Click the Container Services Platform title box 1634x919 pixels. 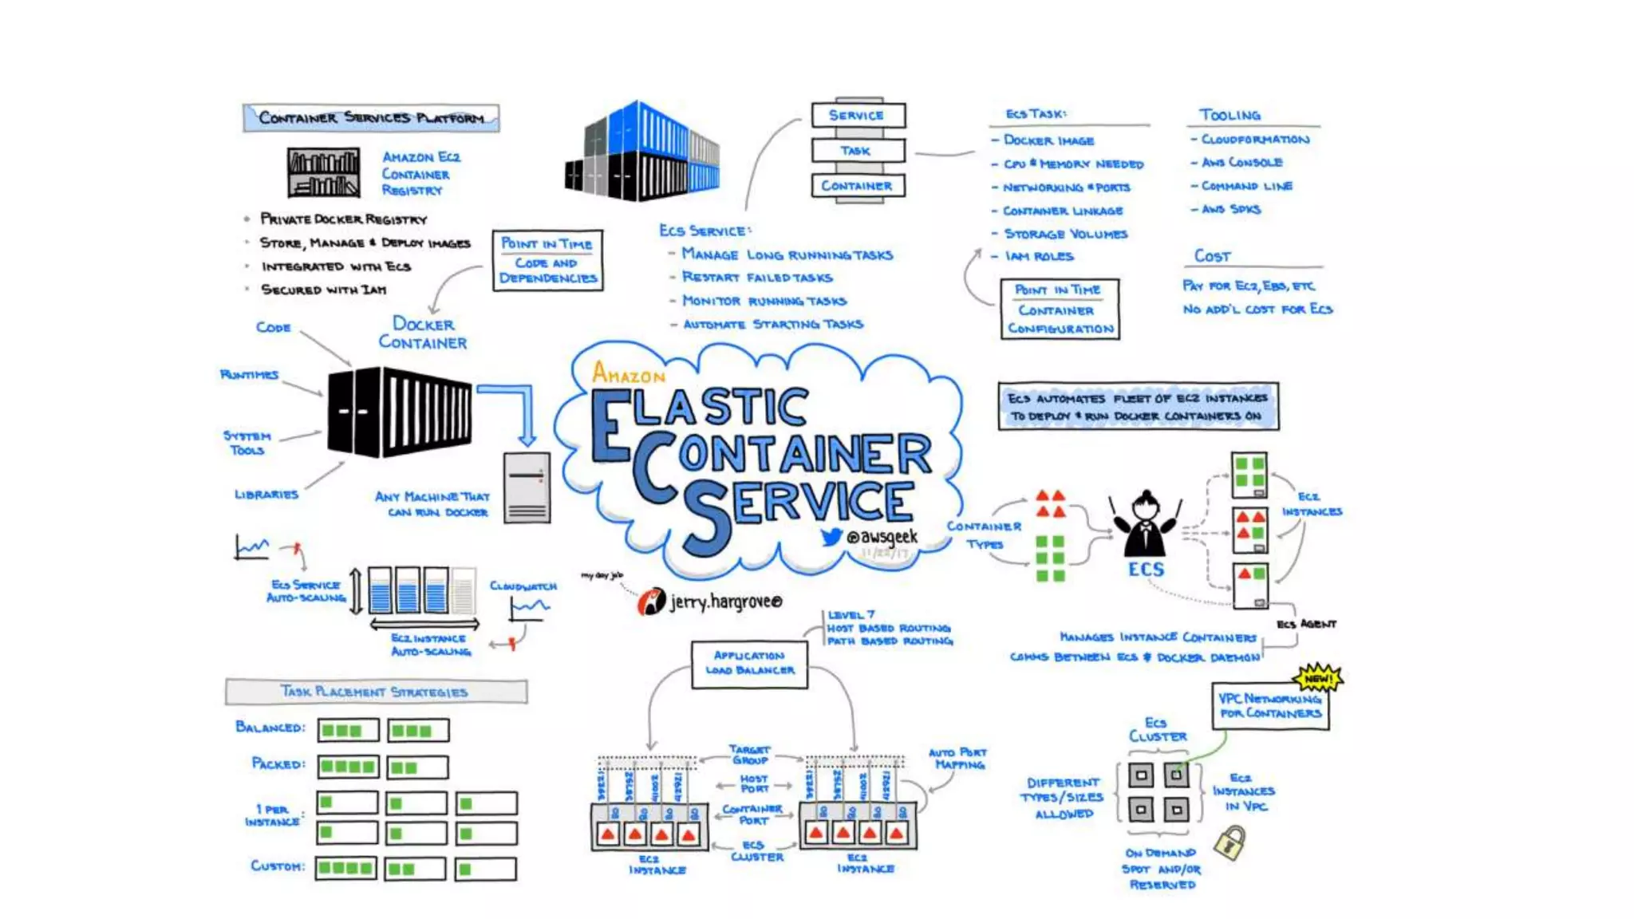tap(371, 118)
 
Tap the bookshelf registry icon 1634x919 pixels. tap(323, 172)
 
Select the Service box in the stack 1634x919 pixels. tap(858, 115)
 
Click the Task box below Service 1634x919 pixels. tap(858, 150)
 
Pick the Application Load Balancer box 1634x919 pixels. tap(749, 664)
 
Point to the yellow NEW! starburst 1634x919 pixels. tap(1319, 678)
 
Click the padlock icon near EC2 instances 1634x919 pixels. tap(1229, 842)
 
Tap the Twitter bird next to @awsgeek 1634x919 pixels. tap(831, 537)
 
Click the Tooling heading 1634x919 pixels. tap(1229, 115)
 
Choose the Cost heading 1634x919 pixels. tap(1212, 256)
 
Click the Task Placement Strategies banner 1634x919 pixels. tap(376, 692)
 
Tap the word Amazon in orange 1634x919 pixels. tap(629, 373)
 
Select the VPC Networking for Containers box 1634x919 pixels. tap(1270, 706)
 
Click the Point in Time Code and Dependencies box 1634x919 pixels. tap(547, 261)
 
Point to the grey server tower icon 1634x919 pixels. tap(527, 487)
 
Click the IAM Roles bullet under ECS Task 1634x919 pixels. tap(1039, 256)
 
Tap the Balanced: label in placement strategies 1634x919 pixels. tap(270, 728)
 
